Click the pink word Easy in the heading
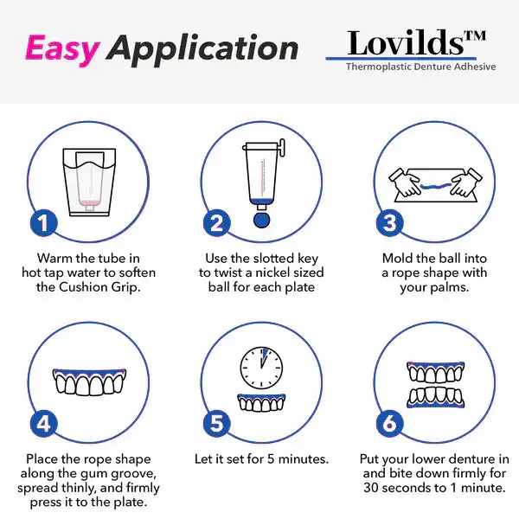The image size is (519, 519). (62, 48)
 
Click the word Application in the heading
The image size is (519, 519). (203, 50)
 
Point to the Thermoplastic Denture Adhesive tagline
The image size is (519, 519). (421, 67)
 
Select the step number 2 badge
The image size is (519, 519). (216, 223)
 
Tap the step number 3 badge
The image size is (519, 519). (390, 223)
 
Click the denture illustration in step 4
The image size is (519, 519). (87, 381)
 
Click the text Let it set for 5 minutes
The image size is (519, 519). (260, 459)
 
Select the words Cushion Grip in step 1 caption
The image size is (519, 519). (103, 287)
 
